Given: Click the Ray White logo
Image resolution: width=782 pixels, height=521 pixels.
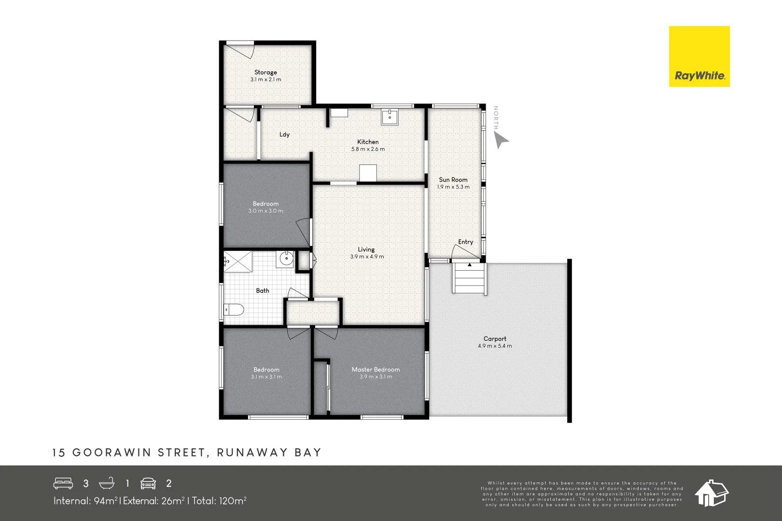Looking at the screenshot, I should click(699, 56).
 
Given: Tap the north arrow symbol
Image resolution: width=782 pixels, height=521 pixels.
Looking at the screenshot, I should click(501, 140).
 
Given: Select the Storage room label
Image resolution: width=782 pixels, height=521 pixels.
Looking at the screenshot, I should click(265, 72).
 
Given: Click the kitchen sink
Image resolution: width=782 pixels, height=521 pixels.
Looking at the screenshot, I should click(390, 117).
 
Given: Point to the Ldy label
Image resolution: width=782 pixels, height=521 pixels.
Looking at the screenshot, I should click(284, 135).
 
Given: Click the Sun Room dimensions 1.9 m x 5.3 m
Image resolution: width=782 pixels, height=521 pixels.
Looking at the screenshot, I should click(453, 187).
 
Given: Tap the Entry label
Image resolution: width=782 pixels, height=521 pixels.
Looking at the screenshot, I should click(465, 242).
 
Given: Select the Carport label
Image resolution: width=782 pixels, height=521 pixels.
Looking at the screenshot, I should click(495, 339).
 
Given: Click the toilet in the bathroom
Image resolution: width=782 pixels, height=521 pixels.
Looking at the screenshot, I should click(234, 309).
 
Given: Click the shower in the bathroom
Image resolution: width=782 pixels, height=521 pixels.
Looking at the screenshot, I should click(237, 261).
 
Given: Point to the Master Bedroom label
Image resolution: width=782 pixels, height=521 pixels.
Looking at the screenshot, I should click(376, 370).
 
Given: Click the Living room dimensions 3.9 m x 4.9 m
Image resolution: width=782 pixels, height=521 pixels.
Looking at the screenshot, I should click(367, 257).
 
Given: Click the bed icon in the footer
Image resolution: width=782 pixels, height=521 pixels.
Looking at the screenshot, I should click(63, 483).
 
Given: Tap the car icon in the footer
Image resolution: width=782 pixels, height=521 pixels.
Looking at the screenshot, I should click(148, 483).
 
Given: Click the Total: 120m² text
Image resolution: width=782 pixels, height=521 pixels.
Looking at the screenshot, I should click(219, 501).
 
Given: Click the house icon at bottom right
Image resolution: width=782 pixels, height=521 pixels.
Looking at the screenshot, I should click(711, 493).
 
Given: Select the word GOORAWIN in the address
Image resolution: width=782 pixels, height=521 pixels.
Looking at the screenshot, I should click(112, 452).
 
